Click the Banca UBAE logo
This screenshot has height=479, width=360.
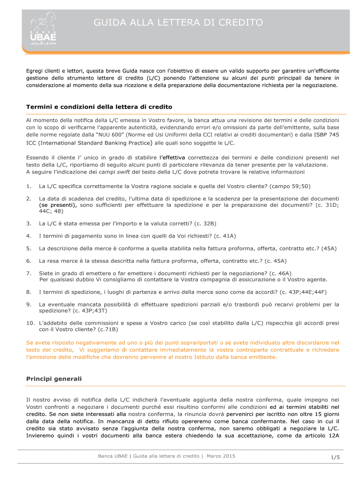[x=43, y=28]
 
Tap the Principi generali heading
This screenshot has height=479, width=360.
[x=54, y=378]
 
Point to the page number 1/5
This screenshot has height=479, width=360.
[x=334, y=458]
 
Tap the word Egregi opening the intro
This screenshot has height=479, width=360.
[x=36, y=71]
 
